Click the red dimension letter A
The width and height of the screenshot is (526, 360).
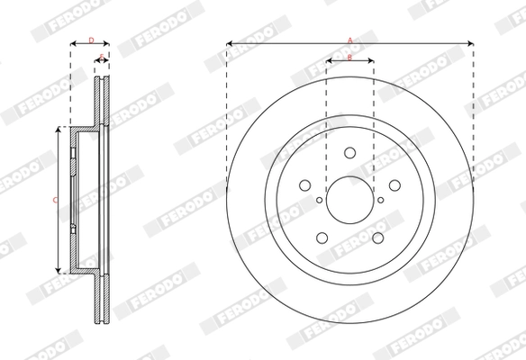pyautogui.click(x=350, y=39)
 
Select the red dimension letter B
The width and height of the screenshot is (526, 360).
pyautogui.click(x=350, y=58)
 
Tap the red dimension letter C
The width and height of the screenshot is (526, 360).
pyautogui.click(x=55, y=199)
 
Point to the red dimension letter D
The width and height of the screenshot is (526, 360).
pyautogui.click(x=91, y=39)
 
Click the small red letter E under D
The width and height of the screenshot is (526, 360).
pyautogui.click(x=102, y=57)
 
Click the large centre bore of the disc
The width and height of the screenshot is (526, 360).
pyautogui.click(x=349, y=199)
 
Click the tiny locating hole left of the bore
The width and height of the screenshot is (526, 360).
pyautogui.click(x=320, y=200)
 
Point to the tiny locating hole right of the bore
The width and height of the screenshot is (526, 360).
pyautogui.click(x=380, y=200)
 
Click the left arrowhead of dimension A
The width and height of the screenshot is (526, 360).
pyautogui.click(x=230, y=42)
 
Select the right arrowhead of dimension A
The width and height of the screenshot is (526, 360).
pyautogui.click(x=470, y=42)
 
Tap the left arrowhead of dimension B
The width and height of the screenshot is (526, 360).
pyautogui.click(x=329, y=62)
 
